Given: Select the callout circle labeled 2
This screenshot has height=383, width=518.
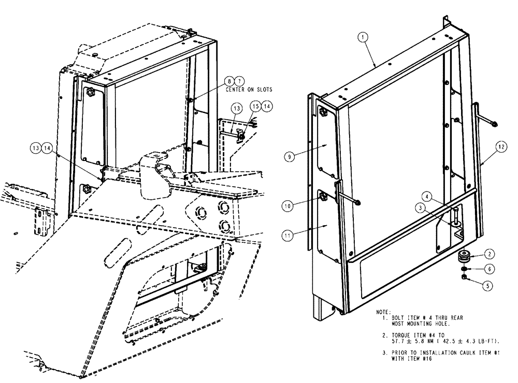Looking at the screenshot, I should [x=489, y=253].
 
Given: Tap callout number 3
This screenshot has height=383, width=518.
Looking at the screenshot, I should [x=424, y=208].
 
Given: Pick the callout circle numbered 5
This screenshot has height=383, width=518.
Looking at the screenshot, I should [x=489, y=284].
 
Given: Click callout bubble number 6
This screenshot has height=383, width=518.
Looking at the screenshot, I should [x=489, y=269].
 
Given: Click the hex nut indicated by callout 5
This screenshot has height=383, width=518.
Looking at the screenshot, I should [x=464, y=278].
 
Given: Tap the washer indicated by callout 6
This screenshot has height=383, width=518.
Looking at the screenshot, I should [x=463, y=268].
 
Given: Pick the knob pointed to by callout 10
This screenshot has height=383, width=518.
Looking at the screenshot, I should [x=322, y=196].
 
